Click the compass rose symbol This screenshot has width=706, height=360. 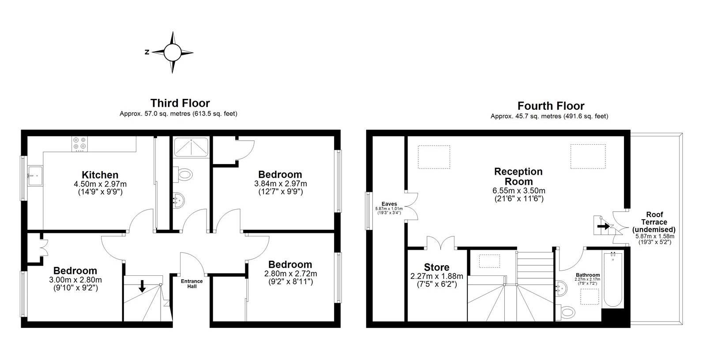(172, 52)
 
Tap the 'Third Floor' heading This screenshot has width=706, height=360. (180, 103)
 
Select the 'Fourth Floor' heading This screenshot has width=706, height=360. (551, 105)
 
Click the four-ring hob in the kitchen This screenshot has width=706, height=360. (80, 144)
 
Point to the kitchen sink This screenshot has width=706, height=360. (35, 176)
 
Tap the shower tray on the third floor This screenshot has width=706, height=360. (191, 147)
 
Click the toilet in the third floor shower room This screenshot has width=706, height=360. (184, 174)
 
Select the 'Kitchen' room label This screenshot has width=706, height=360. (100, 175)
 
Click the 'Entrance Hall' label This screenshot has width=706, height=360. (192, 284)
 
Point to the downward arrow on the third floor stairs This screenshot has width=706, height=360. (142, 286)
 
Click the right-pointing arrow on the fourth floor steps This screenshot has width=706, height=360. (604, 226)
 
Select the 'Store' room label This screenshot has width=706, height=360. (436, 267)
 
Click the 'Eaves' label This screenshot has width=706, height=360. (389, 204)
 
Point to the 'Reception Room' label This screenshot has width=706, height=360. (518, 176)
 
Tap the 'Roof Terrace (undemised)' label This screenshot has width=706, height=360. (654, 222)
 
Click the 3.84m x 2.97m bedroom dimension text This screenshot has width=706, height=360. (281, 184)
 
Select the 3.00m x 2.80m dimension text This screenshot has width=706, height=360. (75, 280)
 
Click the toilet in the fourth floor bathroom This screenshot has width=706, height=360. (565, 312)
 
